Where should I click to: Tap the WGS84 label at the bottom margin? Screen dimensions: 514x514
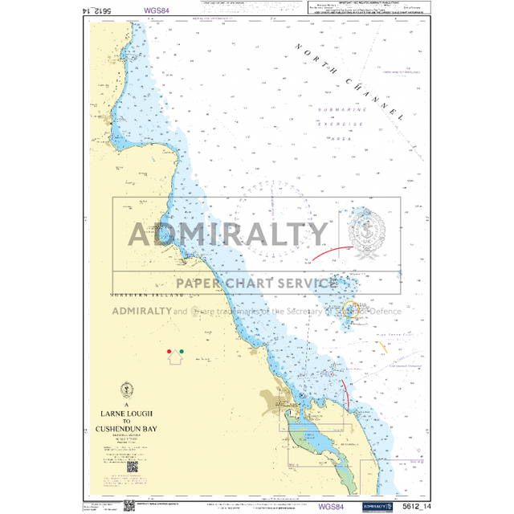332,506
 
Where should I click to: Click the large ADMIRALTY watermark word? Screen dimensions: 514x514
229,235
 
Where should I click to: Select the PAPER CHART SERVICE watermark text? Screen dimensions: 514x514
256,283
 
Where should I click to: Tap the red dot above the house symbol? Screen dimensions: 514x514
169,352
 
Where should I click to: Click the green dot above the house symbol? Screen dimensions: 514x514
182,352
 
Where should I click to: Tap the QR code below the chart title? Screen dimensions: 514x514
132,466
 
